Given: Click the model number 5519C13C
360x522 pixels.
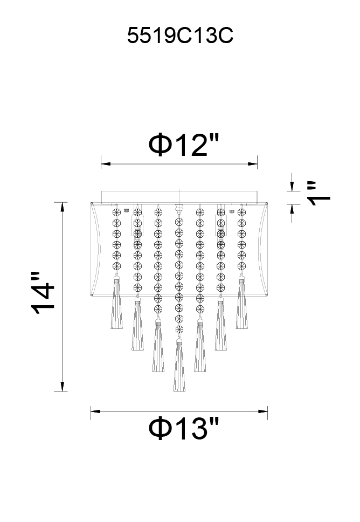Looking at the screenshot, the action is click(180, 36).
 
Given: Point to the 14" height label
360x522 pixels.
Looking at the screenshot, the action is click(43, 293).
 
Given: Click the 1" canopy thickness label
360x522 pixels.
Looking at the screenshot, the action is click(319, 194).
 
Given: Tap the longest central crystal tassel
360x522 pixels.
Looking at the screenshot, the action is click(179, 366).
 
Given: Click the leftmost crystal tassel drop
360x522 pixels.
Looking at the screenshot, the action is click(116, 303).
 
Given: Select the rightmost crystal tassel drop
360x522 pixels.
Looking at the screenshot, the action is click(242, 303).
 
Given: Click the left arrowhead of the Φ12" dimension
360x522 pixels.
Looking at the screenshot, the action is click(106, 164).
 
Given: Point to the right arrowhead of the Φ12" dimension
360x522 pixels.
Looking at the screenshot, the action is click(253, 164).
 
